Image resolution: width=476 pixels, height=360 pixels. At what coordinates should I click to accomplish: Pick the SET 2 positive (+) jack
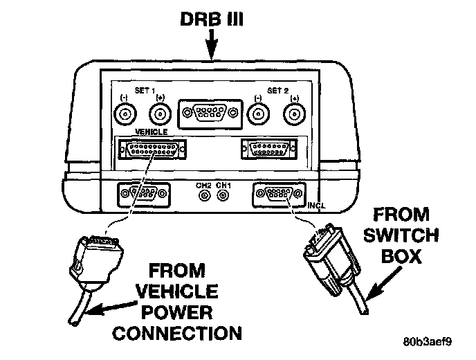(x=294, y=114)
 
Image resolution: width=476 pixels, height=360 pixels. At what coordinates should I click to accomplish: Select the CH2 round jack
(x=204, y=195)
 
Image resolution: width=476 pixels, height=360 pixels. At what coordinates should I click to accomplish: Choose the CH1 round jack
(x=223, y=195)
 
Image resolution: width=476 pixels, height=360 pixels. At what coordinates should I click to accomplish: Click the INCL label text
(x=315, y=206)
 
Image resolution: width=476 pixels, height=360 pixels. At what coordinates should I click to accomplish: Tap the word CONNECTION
(x=178, y=333)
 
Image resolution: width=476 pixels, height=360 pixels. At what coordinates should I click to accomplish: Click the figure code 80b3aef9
(x=429, y=342)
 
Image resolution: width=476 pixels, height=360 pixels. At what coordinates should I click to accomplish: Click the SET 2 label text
(x=277, y=91)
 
